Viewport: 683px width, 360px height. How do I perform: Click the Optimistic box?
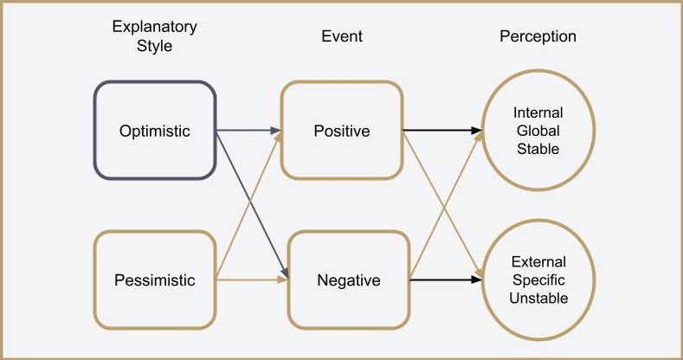click(x=154, y=131)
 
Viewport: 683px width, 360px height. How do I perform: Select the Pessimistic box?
click(x=154, y=280)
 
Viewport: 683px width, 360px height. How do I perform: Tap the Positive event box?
click(x=341, y=131)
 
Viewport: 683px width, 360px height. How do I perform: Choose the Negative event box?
click(x=348, y=280)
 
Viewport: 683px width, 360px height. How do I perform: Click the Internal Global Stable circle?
click(x=538, y=131)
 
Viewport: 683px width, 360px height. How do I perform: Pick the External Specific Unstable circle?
click(x=538, y=280)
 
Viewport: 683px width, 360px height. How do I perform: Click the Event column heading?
click(x=341, y=36)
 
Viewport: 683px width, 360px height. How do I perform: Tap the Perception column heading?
click(x=538, y=36)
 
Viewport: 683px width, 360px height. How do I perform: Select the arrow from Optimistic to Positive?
click(x=248, y=131)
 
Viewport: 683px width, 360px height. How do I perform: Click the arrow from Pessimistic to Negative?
click(x=251, y=280)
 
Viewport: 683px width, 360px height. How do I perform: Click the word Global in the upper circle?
click(x=538, y=131)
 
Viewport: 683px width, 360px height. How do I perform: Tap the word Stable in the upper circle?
click(x=538, y=149)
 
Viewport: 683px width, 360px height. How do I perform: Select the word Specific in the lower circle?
click(x=538, y=280)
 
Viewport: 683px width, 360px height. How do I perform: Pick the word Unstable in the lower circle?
click(x=538, y=299)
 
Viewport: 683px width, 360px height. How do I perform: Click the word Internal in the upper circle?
click(x=538, y=113)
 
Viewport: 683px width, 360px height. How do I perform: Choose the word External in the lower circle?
click(x=538, y=262)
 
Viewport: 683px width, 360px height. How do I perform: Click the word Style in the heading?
click(x=154, y=47)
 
